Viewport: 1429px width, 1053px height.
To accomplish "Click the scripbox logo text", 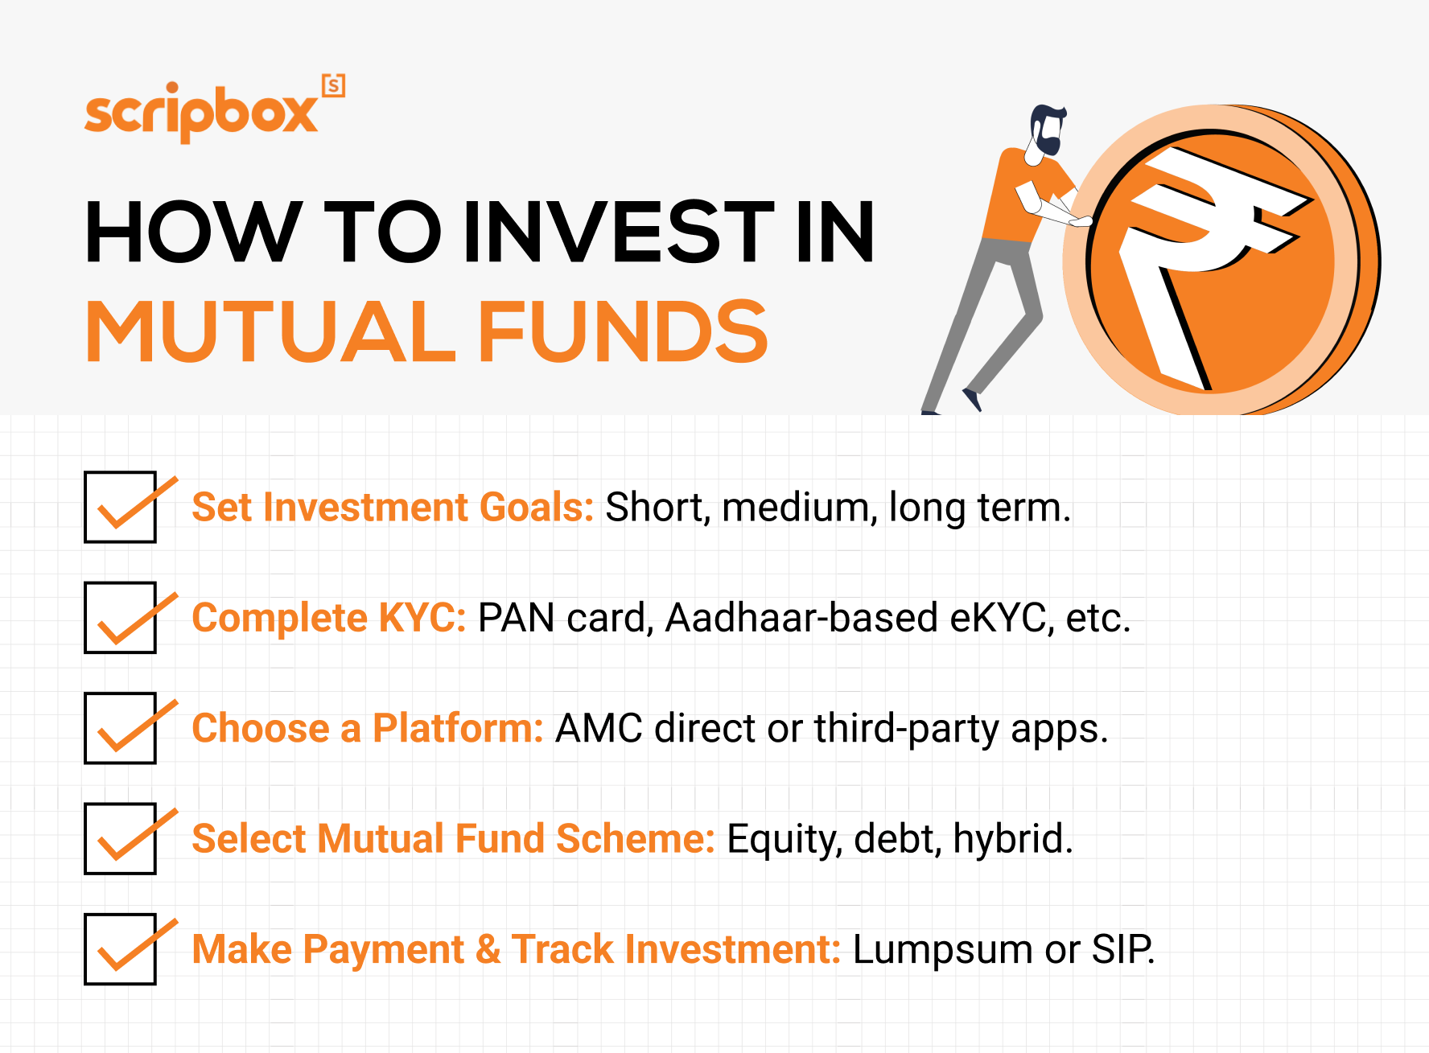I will (x=201, y=113).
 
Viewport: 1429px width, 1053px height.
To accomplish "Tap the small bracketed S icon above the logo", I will (x=333, y=85).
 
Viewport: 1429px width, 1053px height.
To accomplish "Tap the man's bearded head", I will (x=1048, y=131).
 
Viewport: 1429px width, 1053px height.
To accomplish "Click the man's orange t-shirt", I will (x=1026, y=193).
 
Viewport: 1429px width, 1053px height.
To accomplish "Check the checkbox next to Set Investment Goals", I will (x=121, y=508).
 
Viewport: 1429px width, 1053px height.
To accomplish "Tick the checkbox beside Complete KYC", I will (x=121, y=618).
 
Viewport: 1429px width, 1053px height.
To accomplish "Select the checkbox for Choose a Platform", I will (x=121, y=728).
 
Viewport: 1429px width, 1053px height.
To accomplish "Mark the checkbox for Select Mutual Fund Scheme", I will (x=121, y=838).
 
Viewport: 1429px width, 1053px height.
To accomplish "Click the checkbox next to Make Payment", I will (x=121, y=948).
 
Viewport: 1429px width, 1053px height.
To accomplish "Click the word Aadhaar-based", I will (x=801, y=618).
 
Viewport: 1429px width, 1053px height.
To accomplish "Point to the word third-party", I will (x=906, y=729).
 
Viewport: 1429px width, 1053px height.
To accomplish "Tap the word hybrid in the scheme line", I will (x=1012, y=839).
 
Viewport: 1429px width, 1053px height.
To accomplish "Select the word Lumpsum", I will (x=942, y=950).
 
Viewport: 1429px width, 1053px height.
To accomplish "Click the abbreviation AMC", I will (x=599, y=729).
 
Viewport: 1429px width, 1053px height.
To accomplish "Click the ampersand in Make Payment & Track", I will (x=488, y=949).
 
